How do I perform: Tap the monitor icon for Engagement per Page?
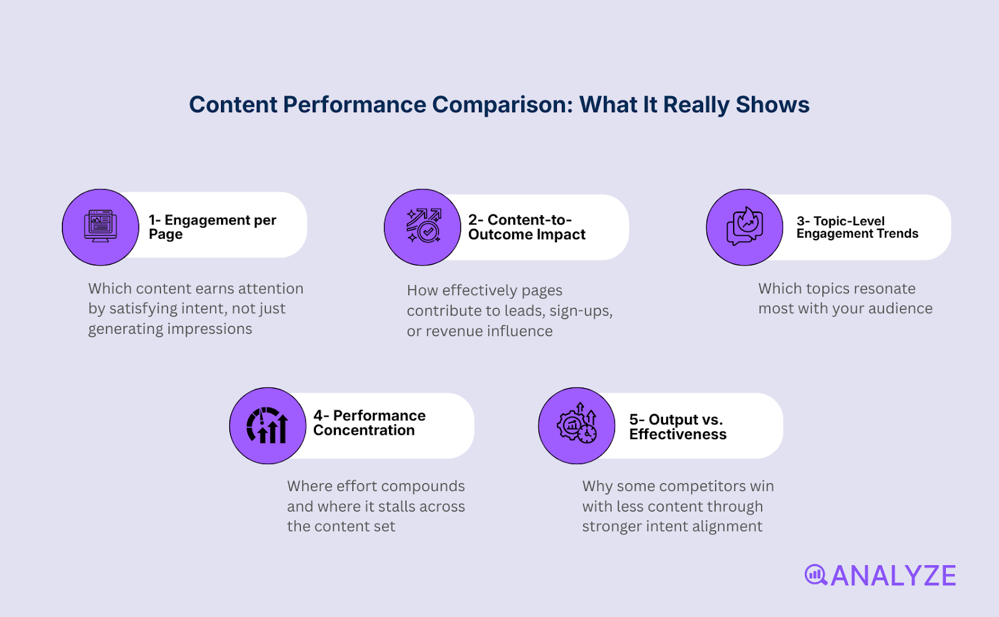click(x=101, y=226)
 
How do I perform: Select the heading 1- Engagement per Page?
click(x=212, y=227)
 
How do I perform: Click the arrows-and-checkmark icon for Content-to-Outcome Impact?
click(x=423, y=226)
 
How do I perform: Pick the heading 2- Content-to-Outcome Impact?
click(x=527, y=227)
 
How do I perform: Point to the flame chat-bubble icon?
click(x=744, y=226)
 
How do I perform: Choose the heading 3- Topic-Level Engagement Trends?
click(x=857, y=227)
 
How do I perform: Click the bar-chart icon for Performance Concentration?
click(x=268, y=425)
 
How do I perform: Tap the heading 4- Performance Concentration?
click(x=369, y=423)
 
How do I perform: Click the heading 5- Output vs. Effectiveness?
click(x=677, y=427)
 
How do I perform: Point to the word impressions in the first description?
click(x=214, y=329)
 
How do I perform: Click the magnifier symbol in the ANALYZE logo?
click(x=815, y=575)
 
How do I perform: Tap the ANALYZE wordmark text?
click(x=893, y=576)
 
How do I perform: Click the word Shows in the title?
click(x=772, y=105)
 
